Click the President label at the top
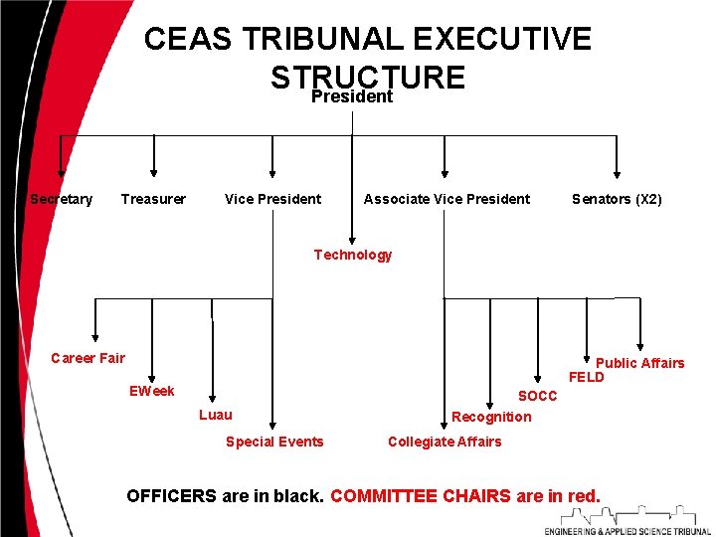pyautogui.click(x=352, y=97)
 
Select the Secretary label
pyautogui.click(x=62, y=199)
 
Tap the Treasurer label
pyautogui.click(x=153, y=199)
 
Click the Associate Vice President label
pyautogui.click(x=447, y=199)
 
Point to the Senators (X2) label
pyautogui.click(x=617, y=199)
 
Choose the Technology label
pyautogui.click(x=353, y=255)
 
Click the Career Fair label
pyautogui.click(x=88, y=358)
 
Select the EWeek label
pyautogui.click(x=152, y=391)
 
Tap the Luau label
pyautogui.click(x=216, y=414)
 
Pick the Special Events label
pyautogui.click(x=274, y=442)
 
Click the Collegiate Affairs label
pyautogui.click(x=445, y=442)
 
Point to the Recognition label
pyautogui.click(x=491, y=417)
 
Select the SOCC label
pyautogui.click(x=538, y=396)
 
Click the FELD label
pyautogui.click(x=586, y=378)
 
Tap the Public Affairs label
pyautogui.click(x=639, y=363)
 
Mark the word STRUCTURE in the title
pyautogui.click(x=367, y=77)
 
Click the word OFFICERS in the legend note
pyautogui.click(x=171, y=495)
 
